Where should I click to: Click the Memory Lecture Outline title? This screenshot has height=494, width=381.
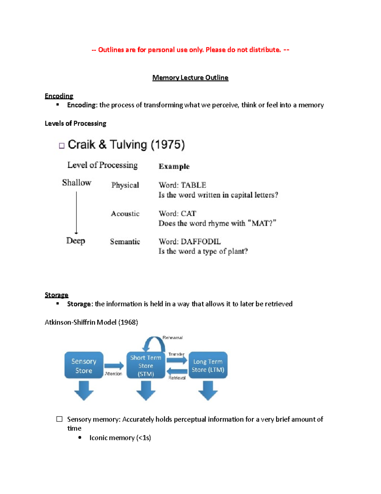[x=190, y=78]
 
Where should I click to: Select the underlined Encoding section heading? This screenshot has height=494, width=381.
[x=59, y=96]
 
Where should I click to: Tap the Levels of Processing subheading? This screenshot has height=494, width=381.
[x=75, y=123]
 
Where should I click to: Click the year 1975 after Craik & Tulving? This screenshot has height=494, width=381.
[x=168, y=145]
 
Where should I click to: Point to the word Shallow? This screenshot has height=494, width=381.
[x=77, y=183]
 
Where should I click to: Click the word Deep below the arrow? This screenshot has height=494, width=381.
[x=76, y=241]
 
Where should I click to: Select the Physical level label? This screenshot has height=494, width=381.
[x=125, y=185]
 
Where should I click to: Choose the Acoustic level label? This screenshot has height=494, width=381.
[x=125, y=213]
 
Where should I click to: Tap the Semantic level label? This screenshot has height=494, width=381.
[x=125, y=242]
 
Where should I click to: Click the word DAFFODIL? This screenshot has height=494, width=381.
[x=201, y=242]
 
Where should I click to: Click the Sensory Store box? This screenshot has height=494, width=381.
[x=84, y=365]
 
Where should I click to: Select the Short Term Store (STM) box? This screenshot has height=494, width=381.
[x=146, y=365]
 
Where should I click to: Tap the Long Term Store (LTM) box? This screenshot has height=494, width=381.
[x=208, y=365]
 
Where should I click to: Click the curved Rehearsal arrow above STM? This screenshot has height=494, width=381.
[x=153, y=343]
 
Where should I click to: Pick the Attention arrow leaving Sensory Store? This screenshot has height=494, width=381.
[x=114, y=366]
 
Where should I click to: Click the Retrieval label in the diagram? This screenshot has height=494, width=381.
[x=177, y=378]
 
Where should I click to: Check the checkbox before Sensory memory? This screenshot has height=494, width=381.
[x=59, y=419]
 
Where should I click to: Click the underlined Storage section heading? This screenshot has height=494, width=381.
[x=57, y=295]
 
